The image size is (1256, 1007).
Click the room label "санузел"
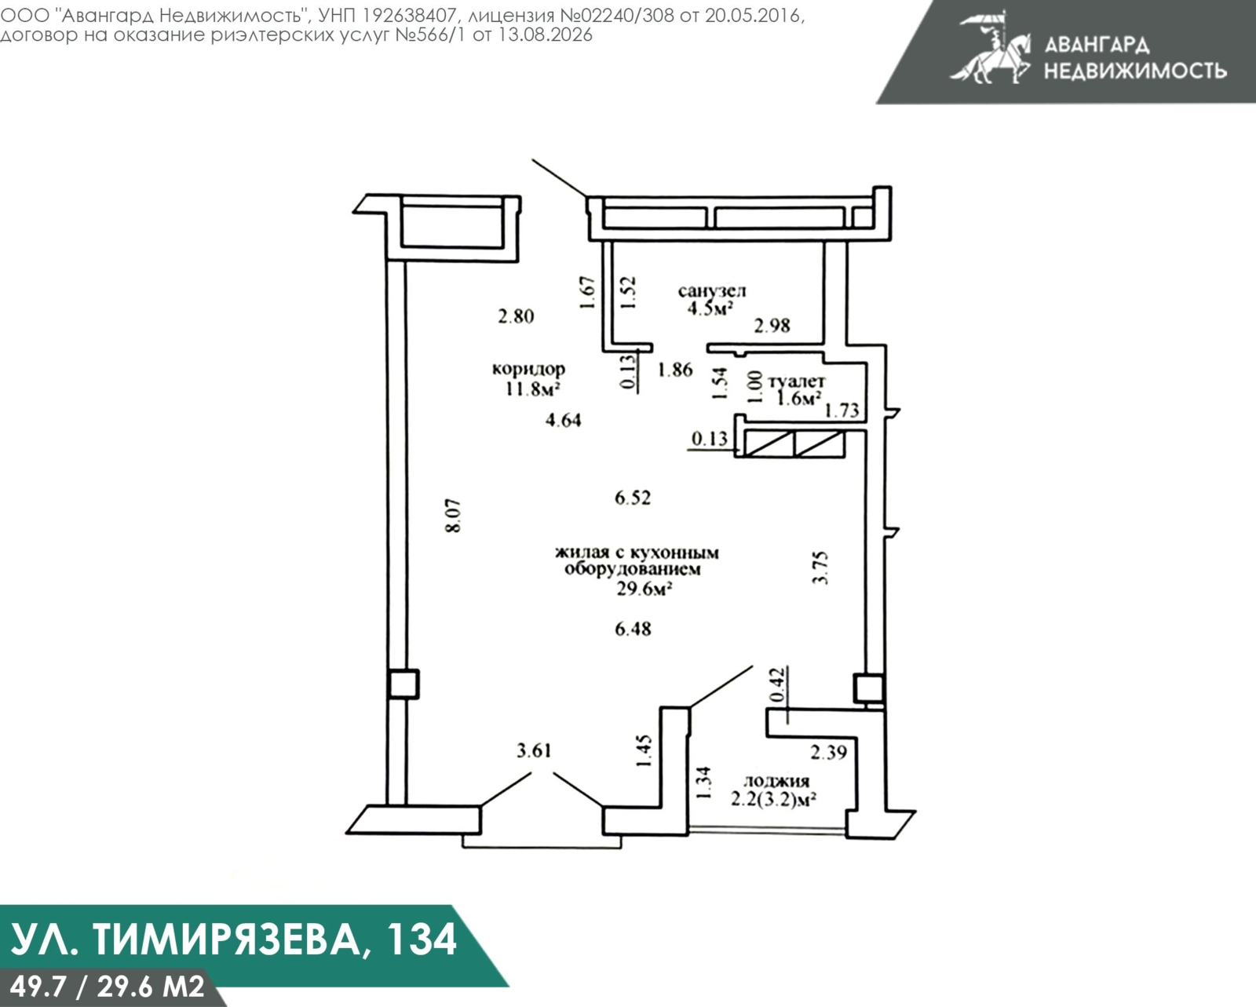click(711, 290)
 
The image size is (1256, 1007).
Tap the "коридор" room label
click(528, 370)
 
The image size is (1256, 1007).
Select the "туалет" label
click(797, 381)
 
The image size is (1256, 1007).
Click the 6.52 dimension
click(633, 498)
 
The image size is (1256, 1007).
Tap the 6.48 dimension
click(633, 629)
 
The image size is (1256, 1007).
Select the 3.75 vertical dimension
click(820, 568)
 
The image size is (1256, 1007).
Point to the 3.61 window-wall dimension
click(534, 750)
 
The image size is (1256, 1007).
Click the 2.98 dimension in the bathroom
click(772, 326)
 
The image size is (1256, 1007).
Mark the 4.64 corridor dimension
click(563, 421)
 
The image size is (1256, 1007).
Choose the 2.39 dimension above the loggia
click(829, 753)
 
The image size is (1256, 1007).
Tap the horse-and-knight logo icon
click(992, 49)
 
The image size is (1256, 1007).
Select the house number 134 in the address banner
click(422, 940)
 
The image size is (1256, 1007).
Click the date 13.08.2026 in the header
click(545, 35)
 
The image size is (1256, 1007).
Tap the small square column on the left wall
click(403, 684)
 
